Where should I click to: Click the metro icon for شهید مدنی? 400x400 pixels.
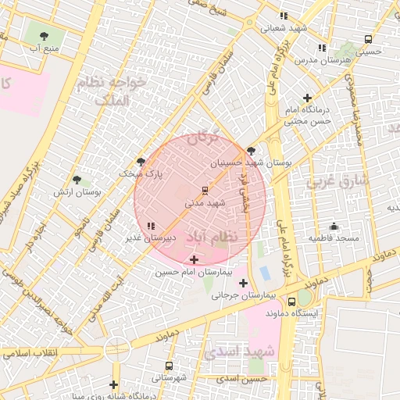[x=205, y=190]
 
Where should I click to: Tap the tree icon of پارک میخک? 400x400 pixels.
[x=141, y=162]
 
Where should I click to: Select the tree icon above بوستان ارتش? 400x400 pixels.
[x=77, y=180]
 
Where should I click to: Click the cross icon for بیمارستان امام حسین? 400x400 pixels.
[x=194, y=259]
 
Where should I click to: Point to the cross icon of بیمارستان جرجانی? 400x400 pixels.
[x=243, y=283]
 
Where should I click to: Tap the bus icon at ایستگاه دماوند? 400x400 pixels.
[x=292, y=302]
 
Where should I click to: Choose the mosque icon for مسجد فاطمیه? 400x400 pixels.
[x=334, y=226]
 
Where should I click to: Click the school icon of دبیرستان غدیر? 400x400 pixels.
[x=151, y=225]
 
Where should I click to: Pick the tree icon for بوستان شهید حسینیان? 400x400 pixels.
[x=251, y=151]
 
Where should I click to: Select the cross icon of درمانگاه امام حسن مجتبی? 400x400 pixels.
[x=307, y=98]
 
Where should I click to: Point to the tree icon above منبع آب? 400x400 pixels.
[x=43, y=35]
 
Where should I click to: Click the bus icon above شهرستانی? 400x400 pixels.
[x=169, y=366]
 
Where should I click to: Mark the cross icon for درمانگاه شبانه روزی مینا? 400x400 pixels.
[x=114, y=384]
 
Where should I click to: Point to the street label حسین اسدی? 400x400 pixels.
[x=242, y=378]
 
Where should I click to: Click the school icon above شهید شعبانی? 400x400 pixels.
[x=284, y=16]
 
